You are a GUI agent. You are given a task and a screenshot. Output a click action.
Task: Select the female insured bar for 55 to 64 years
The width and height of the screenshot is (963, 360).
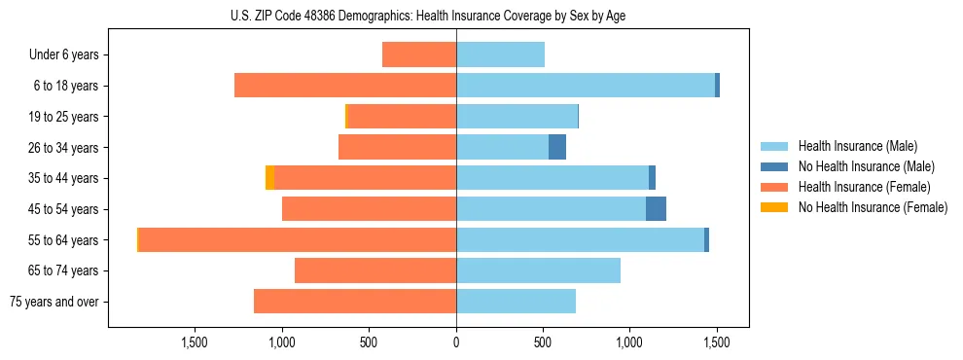pos(298,239)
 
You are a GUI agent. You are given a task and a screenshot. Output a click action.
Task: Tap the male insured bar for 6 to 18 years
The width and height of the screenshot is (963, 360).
pos(586,86)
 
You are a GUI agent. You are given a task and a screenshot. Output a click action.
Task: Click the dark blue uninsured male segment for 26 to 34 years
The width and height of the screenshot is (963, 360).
pos(557,147)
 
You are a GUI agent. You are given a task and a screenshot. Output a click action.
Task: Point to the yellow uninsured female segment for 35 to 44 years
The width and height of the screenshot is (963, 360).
pos(269,178)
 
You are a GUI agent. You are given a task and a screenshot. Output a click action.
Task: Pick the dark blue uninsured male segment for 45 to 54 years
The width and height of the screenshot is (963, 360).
pos(656,209)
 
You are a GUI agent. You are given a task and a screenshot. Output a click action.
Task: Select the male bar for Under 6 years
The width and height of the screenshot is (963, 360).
pos(500,54)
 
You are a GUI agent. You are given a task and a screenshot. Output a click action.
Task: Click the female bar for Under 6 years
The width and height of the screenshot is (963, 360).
pos(419,54)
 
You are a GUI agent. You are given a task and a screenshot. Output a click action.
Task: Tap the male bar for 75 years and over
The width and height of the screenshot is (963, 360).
pos(516,302)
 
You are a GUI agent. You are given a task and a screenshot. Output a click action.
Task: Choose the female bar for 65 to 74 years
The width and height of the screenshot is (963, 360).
pos(375,270)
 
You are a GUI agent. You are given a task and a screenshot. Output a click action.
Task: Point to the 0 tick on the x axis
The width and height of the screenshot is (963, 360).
pos(456,342)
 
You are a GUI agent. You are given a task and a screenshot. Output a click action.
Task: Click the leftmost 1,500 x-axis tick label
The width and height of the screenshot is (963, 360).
pos(195,342)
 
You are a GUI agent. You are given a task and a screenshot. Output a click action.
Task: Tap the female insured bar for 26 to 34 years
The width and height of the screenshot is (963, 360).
pos(397,147)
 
